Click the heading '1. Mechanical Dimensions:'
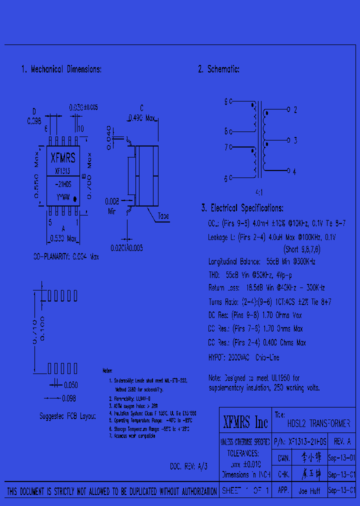(61, 69)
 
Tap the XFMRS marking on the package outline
(63, 158)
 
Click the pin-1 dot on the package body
(75, 198)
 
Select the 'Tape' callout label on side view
(163, 216)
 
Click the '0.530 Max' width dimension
(63, 238)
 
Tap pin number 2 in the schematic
(295, 109)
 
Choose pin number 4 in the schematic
(294, 171)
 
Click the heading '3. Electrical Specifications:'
(242, 208)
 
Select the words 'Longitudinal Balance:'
(234, 261)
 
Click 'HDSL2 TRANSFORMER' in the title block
(318, 423)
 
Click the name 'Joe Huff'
(309, 491)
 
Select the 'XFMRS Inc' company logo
(245, 422)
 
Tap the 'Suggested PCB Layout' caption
(67, 416)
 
